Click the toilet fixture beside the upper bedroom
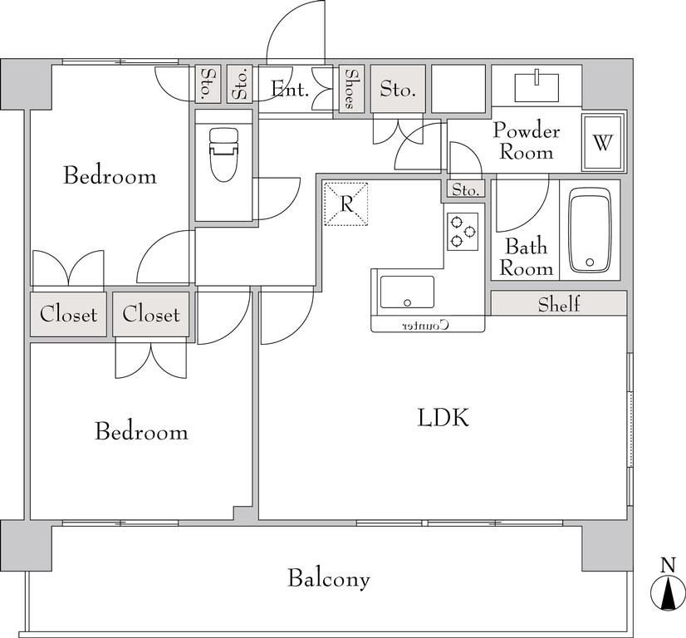pyautogui.click(x=223, y=155)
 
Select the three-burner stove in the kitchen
pyautogui.click(x=463, y=232)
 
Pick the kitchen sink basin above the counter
pyautogui.click(x=407, y=292)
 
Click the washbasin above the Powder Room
pyautogui.click(x=537, y=87)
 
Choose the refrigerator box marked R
pyautogui.click(x=345, y=204)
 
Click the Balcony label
pyautogui.click(x=329, y=578)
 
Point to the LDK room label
pyautogui.click(x=443, y=417)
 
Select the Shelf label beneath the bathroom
pyautogui.click(x=559, y=304)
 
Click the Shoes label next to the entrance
pyautogui.click(x=350, y=89)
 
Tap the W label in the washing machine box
pyautogui.click(x=603, y=142)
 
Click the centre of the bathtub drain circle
pyautogui.click(x=590, y=263)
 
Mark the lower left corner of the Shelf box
pyautogui.click(x=492, y=315)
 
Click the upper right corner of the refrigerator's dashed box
pyautogui.click(x=367, y=183)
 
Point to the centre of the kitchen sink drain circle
pyautogui.click(x=408, y=302)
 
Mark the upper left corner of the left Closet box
pyautogui.click(x=31, y=292)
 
